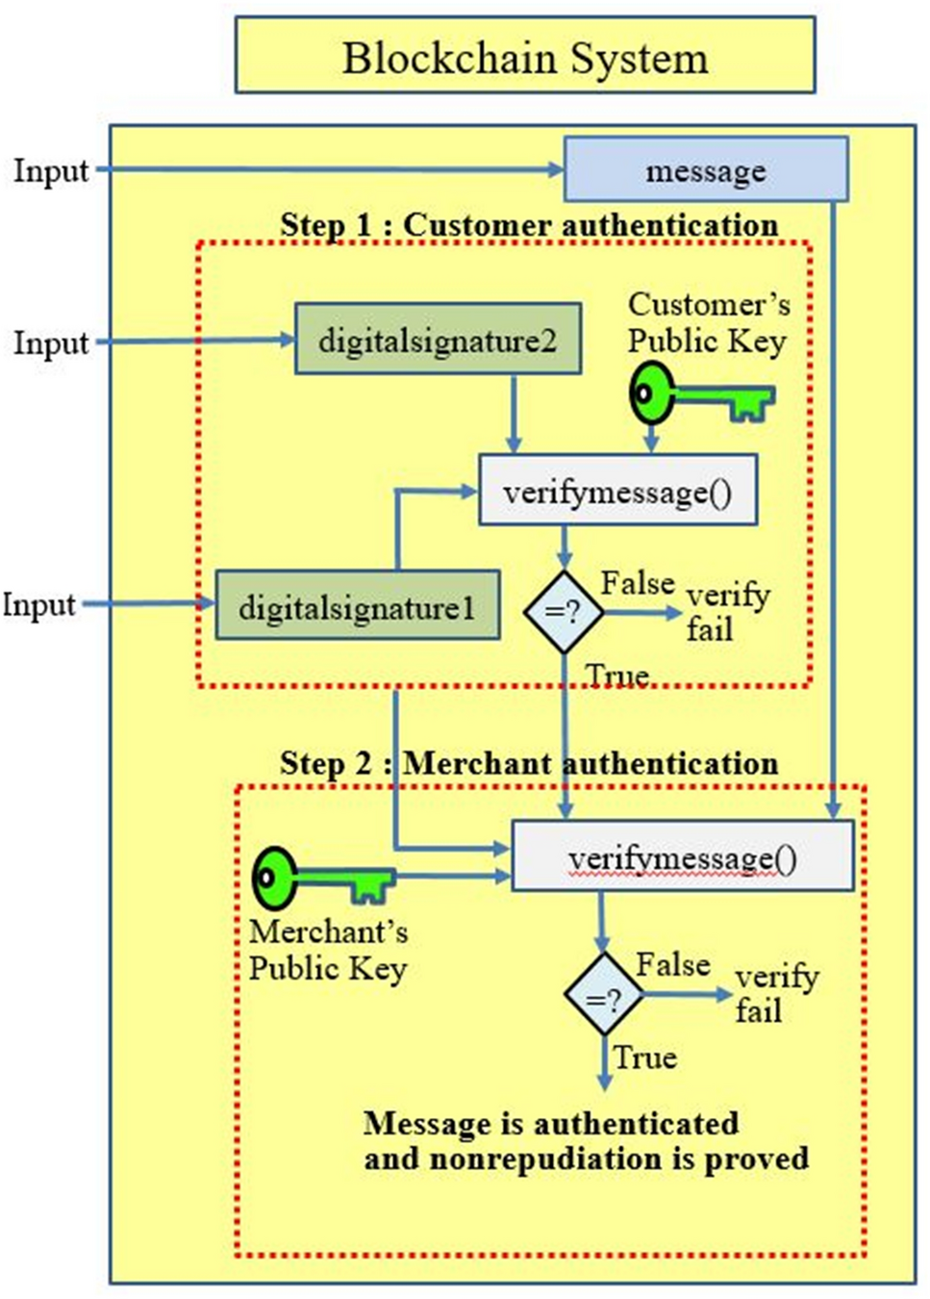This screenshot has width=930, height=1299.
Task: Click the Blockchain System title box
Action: point(525,56)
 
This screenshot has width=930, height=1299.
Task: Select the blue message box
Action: point(705,170)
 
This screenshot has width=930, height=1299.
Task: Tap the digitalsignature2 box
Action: point(438,340)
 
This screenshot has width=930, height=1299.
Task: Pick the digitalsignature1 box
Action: point(357,606)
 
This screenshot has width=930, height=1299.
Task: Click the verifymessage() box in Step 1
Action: point(617,492)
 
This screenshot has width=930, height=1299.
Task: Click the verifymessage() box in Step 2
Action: point(682,856)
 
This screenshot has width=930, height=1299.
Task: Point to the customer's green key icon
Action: point(700,395)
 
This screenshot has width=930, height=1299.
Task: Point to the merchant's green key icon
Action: point(322,879)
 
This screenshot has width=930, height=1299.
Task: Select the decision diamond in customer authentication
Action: point(564,612)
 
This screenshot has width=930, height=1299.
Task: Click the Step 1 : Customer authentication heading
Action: point(529,225)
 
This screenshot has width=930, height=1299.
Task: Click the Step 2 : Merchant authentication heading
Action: point(529,764)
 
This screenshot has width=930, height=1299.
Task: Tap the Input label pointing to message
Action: point(50,171)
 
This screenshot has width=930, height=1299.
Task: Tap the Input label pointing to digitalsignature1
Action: point(38,605)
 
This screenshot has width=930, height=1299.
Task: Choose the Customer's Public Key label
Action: point(708,323)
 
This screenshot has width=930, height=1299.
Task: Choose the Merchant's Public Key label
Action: point(328,950)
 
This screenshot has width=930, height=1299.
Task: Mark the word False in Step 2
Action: point(673,964)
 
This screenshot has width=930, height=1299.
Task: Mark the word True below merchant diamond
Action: point(645,1057)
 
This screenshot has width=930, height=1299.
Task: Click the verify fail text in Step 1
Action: point(726,612)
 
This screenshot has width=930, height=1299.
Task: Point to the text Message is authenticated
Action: point(551,1124)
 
